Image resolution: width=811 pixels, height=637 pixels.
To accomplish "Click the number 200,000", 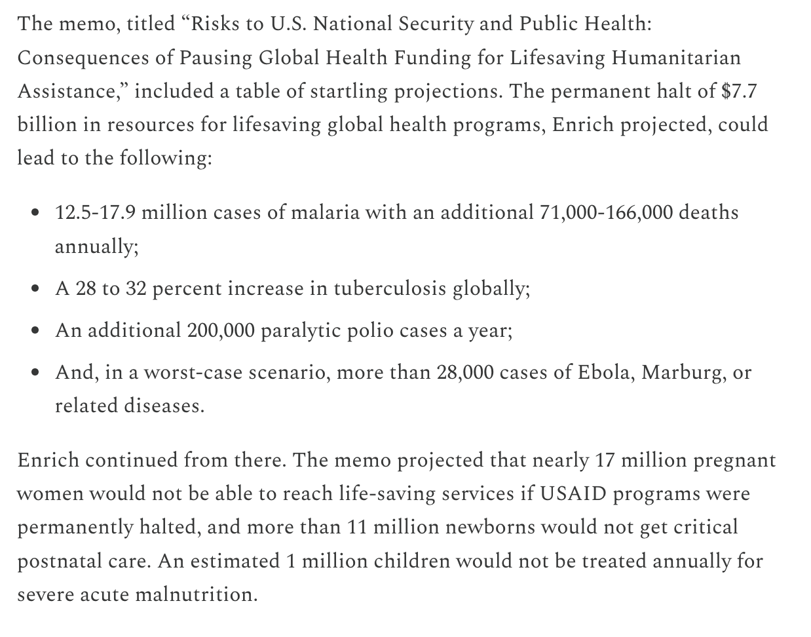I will (x=220, y=330).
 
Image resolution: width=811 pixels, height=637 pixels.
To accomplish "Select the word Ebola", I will (x=605, y=372).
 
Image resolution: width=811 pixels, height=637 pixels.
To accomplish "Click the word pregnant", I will (x=735, y=460).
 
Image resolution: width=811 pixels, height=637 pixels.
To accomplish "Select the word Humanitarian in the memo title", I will (x=677, y=58).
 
